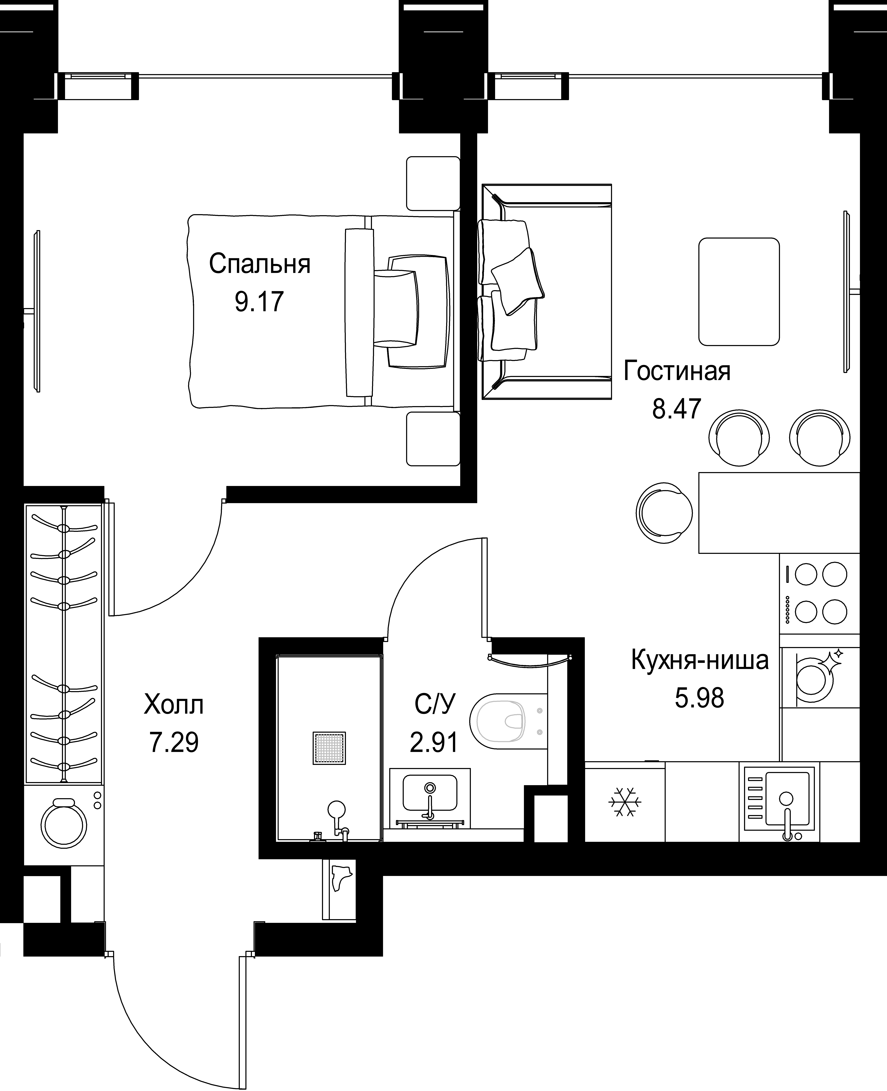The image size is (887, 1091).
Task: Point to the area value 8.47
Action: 676,409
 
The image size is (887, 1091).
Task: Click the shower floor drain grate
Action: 329,748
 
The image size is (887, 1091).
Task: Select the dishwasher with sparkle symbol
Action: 820,678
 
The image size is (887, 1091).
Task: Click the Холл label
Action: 174,705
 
